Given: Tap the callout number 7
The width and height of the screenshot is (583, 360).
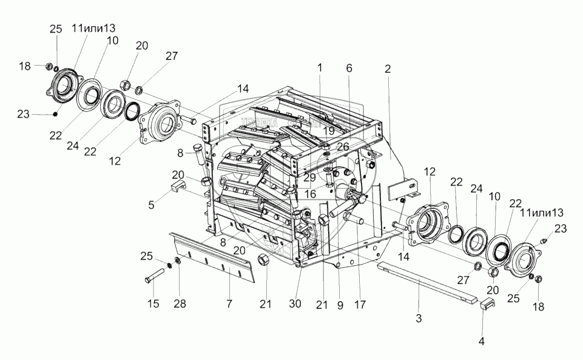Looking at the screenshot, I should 229,303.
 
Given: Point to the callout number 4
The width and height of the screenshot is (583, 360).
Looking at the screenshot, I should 482,341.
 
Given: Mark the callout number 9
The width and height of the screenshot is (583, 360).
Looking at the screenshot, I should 340,306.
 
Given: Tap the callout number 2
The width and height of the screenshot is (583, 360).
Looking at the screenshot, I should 386,68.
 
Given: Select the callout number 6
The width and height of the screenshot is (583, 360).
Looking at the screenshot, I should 349,68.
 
